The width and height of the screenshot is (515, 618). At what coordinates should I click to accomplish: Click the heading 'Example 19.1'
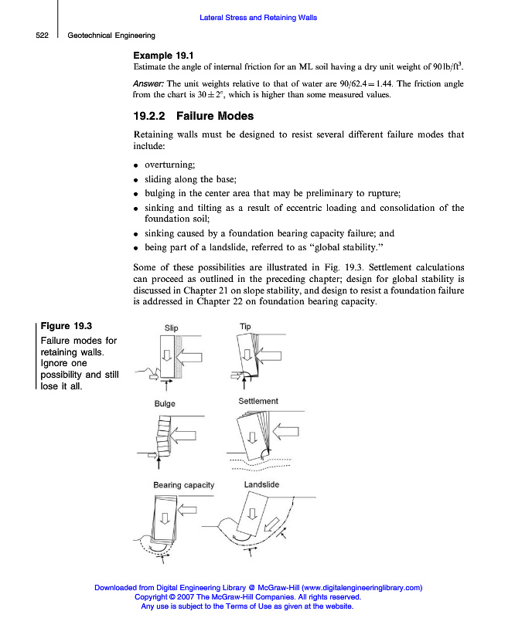(x=163, y=55)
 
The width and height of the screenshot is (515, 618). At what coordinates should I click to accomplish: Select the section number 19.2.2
(x=150, y=117)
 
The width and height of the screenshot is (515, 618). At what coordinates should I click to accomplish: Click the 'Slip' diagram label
(x=172, y=328)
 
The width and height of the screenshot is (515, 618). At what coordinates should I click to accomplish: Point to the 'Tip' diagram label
(x=245, y=327)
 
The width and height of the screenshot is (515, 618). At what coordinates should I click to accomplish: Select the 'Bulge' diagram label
(x=165, y=404)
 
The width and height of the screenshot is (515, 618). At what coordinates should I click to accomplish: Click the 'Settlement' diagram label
(x=258, y=402)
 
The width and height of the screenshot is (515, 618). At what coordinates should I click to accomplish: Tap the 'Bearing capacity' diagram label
(x=183, y=485)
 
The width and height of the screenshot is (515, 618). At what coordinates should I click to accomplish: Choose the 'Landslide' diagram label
(x=261, y=484)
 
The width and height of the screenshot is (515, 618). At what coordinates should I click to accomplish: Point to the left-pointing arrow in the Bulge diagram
(x=186, y=438)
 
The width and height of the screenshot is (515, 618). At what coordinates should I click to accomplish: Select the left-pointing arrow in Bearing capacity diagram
(x=189, y=510)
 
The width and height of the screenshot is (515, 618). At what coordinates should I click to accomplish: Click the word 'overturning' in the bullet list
(x=170, y=165)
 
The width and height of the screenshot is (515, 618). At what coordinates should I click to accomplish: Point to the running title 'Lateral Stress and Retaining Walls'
(x=257, y=17)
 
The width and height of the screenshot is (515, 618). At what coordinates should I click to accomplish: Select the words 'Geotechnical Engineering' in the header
(x=111, y=36)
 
